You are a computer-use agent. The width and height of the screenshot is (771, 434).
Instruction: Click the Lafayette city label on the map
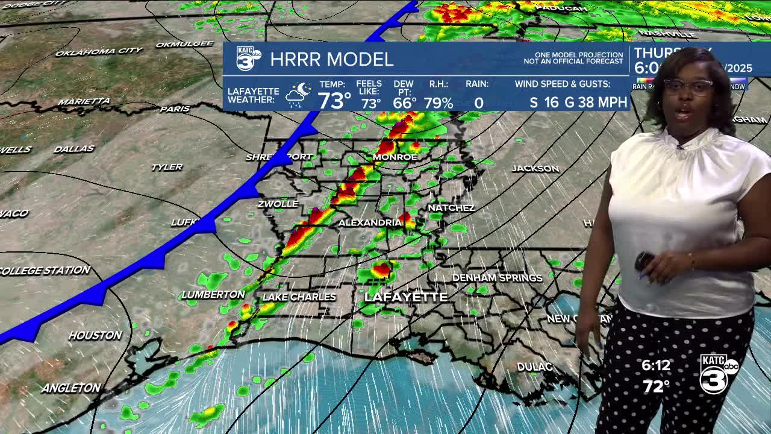pyautogui.click(x=406, y=297)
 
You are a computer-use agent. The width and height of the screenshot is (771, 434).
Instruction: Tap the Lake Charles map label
pyautogui.click(x=299, y=297)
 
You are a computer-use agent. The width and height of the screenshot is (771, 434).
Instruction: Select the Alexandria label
pyautogui.click(x=370, y=223)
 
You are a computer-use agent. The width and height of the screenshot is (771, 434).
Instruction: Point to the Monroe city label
pyautogui.click(x=395, y=157)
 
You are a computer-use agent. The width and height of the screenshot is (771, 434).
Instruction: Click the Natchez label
pyautogui.click(x=451, y=208)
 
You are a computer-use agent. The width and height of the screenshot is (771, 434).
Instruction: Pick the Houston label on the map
pyautogui.click(x=95, y=335)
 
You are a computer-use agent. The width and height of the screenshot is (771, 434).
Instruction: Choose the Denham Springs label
pyautogui.click(x=497, y=278)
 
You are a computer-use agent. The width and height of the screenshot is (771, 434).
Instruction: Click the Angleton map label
pyautogui.click(x=71, y=388)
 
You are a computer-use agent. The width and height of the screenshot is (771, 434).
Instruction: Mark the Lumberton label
pyautogui.click(x=213, y=295)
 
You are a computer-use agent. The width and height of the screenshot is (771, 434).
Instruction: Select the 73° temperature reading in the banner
pyautogui.click(x=334, y=101)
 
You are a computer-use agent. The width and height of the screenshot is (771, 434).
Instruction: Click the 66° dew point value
pyautogui.click(x=404, y=103)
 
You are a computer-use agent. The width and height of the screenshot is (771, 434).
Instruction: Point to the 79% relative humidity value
pyautogui.click(x=438, y=103)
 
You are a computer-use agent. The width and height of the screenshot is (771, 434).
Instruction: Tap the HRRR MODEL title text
pyautogui.click(x=331, y=60)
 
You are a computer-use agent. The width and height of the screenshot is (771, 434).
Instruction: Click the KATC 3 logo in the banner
pyautogui.click(x=248, y=58)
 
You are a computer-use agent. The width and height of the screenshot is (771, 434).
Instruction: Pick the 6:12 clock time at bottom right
pyautogui.click(x=655, y=365)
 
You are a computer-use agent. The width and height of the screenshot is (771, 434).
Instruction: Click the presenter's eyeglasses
pyautogui.click(x=688, y=87)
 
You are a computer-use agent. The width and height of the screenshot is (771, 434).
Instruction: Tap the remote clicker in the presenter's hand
pyautogui.click(x=644, y=262)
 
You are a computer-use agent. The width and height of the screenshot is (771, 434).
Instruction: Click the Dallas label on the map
pyautogui.click(x=74, y=149)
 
